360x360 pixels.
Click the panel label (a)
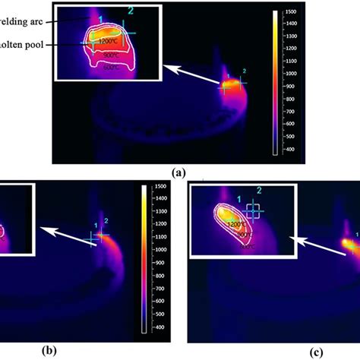point(179,172)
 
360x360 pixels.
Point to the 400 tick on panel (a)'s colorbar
point(291,150)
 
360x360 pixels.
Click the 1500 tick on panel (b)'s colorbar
point(159,187)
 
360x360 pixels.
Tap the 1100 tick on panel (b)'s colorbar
point(159,244)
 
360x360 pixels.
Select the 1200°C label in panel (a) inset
point(108,40)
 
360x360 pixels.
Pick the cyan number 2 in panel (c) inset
point(258,190)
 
